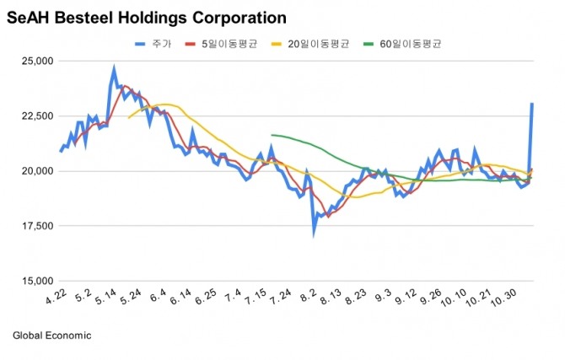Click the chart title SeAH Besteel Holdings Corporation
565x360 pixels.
pyautogui.click(x=146, y=17)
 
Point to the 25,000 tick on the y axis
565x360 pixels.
pyautogui.click(x=36, y=61)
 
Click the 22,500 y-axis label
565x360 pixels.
pyautogui.click(x=36, y=116)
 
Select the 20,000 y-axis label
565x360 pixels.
pyautogui.click(x=36, y=171)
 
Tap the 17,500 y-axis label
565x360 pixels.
pyautogui.click(x=36, y=226)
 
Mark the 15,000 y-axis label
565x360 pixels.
pyautogui.click(x=36, y=281)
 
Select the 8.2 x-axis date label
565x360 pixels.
pyautogui.click(x=309, y=298)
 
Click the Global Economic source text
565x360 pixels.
pyautogui.click(x=51, y=336)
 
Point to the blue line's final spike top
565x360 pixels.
pyautogui.click(x=532, y=104)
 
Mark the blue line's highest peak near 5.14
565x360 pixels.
pyautogui.click(x=114, y=69)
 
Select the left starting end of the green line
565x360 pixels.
pyautogui.click(x=272, y=135)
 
